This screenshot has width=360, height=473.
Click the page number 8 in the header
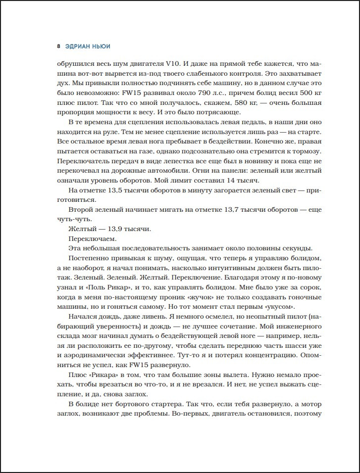click(x=59, y=47)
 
